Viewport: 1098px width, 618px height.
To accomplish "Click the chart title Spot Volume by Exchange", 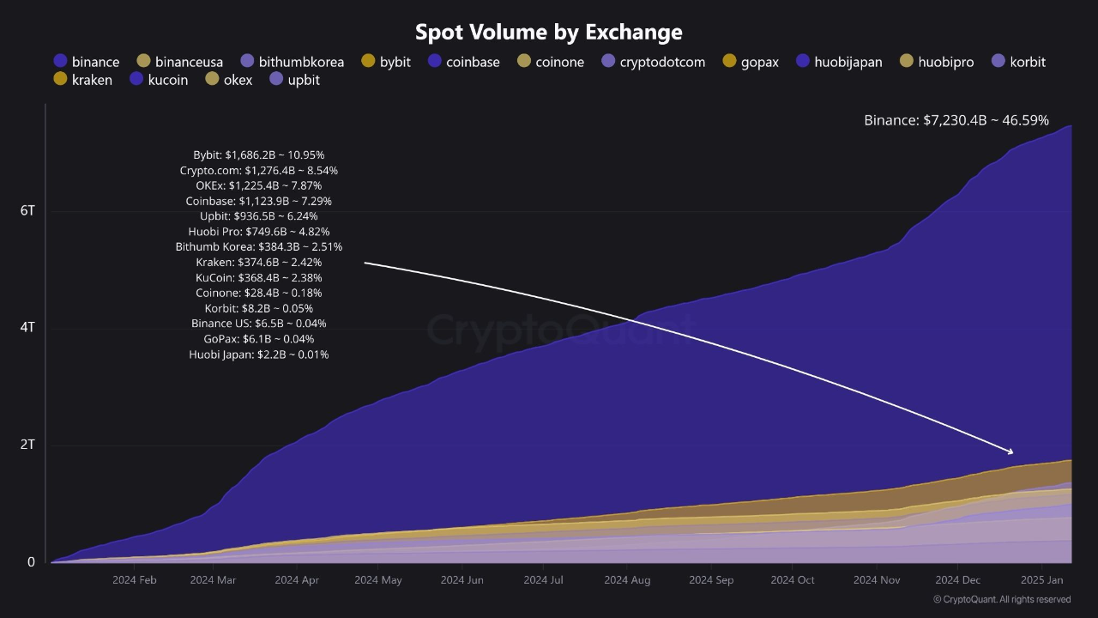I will pos(548,32).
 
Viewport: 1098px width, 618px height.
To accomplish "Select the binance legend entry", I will pos(86,62).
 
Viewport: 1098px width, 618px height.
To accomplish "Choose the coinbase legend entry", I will pos(463,62).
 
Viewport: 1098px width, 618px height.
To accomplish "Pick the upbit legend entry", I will pos(294,80).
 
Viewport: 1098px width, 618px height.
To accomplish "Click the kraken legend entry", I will pos(82,80).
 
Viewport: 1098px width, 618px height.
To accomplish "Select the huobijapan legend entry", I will pos(839,62).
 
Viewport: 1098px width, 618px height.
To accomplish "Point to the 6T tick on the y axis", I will pos(27,210).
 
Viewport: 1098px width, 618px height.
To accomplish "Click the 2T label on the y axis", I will pos(27,445).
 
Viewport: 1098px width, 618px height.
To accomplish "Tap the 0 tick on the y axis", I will pos(31,562).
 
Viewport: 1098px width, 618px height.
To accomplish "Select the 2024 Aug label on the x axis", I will pos(627,580).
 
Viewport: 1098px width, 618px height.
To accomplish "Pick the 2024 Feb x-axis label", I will pos(134,580).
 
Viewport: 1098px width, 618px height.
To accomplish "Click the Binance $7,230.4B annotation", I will pos(956,121).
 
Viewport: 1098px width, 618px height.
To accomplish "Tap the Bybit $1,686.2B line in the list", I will pos(258,155).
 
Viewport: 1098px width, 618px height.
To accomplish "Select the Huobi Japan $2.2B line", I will pos(258,354).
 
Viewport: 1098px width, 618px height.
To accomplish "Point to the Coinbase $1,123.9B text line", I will pos(258,201).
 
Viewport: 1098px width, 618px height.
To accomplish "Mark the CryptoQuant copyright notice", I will pos(1001,599).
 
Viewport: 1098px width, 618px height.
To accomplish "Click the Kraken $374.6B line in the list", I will pos(258,262).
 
